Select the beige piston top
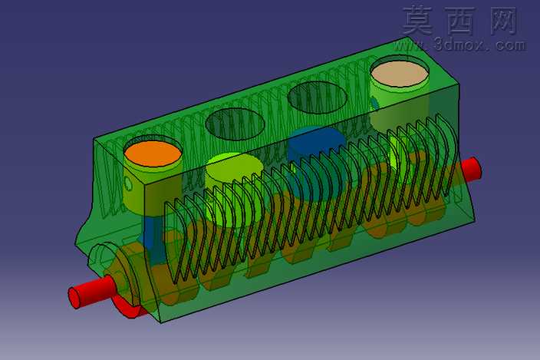click(x=399, y=74)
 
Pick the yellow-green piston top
click(x=235, y=167)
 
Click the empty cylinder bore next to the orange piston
click(x=235, y=124)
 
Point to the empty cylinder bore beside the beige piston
click(x=318, y=97)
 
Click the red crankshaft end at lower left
click(x=91, y=292)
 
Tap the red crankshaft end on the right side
click(x=469, y=170)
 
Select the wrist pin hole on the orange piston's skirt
click(x=128, y=183)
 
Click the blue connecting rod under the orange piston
click(x=152, y=238)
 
